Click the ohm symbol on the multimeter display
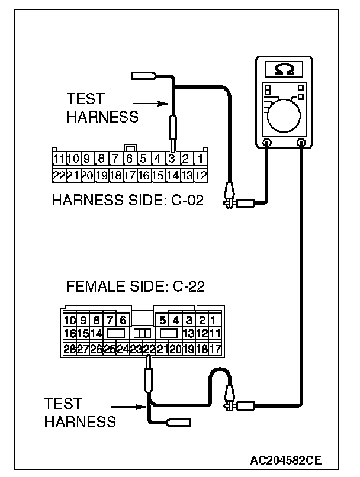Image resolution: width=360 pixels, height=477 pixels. pos(285,69)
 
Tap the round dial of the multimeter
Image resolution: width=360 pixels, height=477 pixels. pos(284,116)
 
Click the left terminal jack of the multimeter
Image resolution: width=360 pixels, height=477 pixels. pos(267,143)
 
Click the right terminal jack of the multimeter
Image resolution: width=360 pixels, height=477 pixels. pos(301,143)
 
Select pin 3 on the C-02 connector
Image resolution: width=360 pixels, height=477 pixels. pos(172,159)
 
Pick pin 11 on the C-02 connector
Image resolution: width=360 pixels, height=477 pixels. pos(59,159)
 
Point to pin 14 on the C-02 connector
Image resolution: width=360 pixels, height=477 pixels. pos(172,176)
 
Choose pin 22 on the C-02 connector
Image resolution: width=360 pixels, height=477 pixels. pos(59,176)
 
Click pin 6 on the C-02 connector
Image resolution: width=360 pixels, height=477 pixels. pos(130,159)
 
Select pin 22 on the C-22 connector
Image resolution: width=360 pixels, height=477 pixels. pos(149,349)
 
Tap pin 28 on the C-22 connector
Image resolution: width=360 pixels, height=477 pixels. pos(69,349)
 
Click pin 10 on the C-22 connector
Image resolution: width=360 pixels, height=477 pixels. pos(70,320)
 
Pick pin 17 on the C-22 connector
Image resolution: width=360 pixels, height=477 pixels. pos(216,349)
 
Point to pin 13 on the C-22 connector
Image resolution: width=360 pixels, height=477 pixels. pos(189,333)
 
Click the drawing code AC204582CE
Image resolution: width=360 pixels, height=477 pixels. pos(285,460)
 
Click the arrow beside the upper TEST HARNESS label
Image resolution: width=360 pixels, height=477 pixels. pos(151,104)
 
